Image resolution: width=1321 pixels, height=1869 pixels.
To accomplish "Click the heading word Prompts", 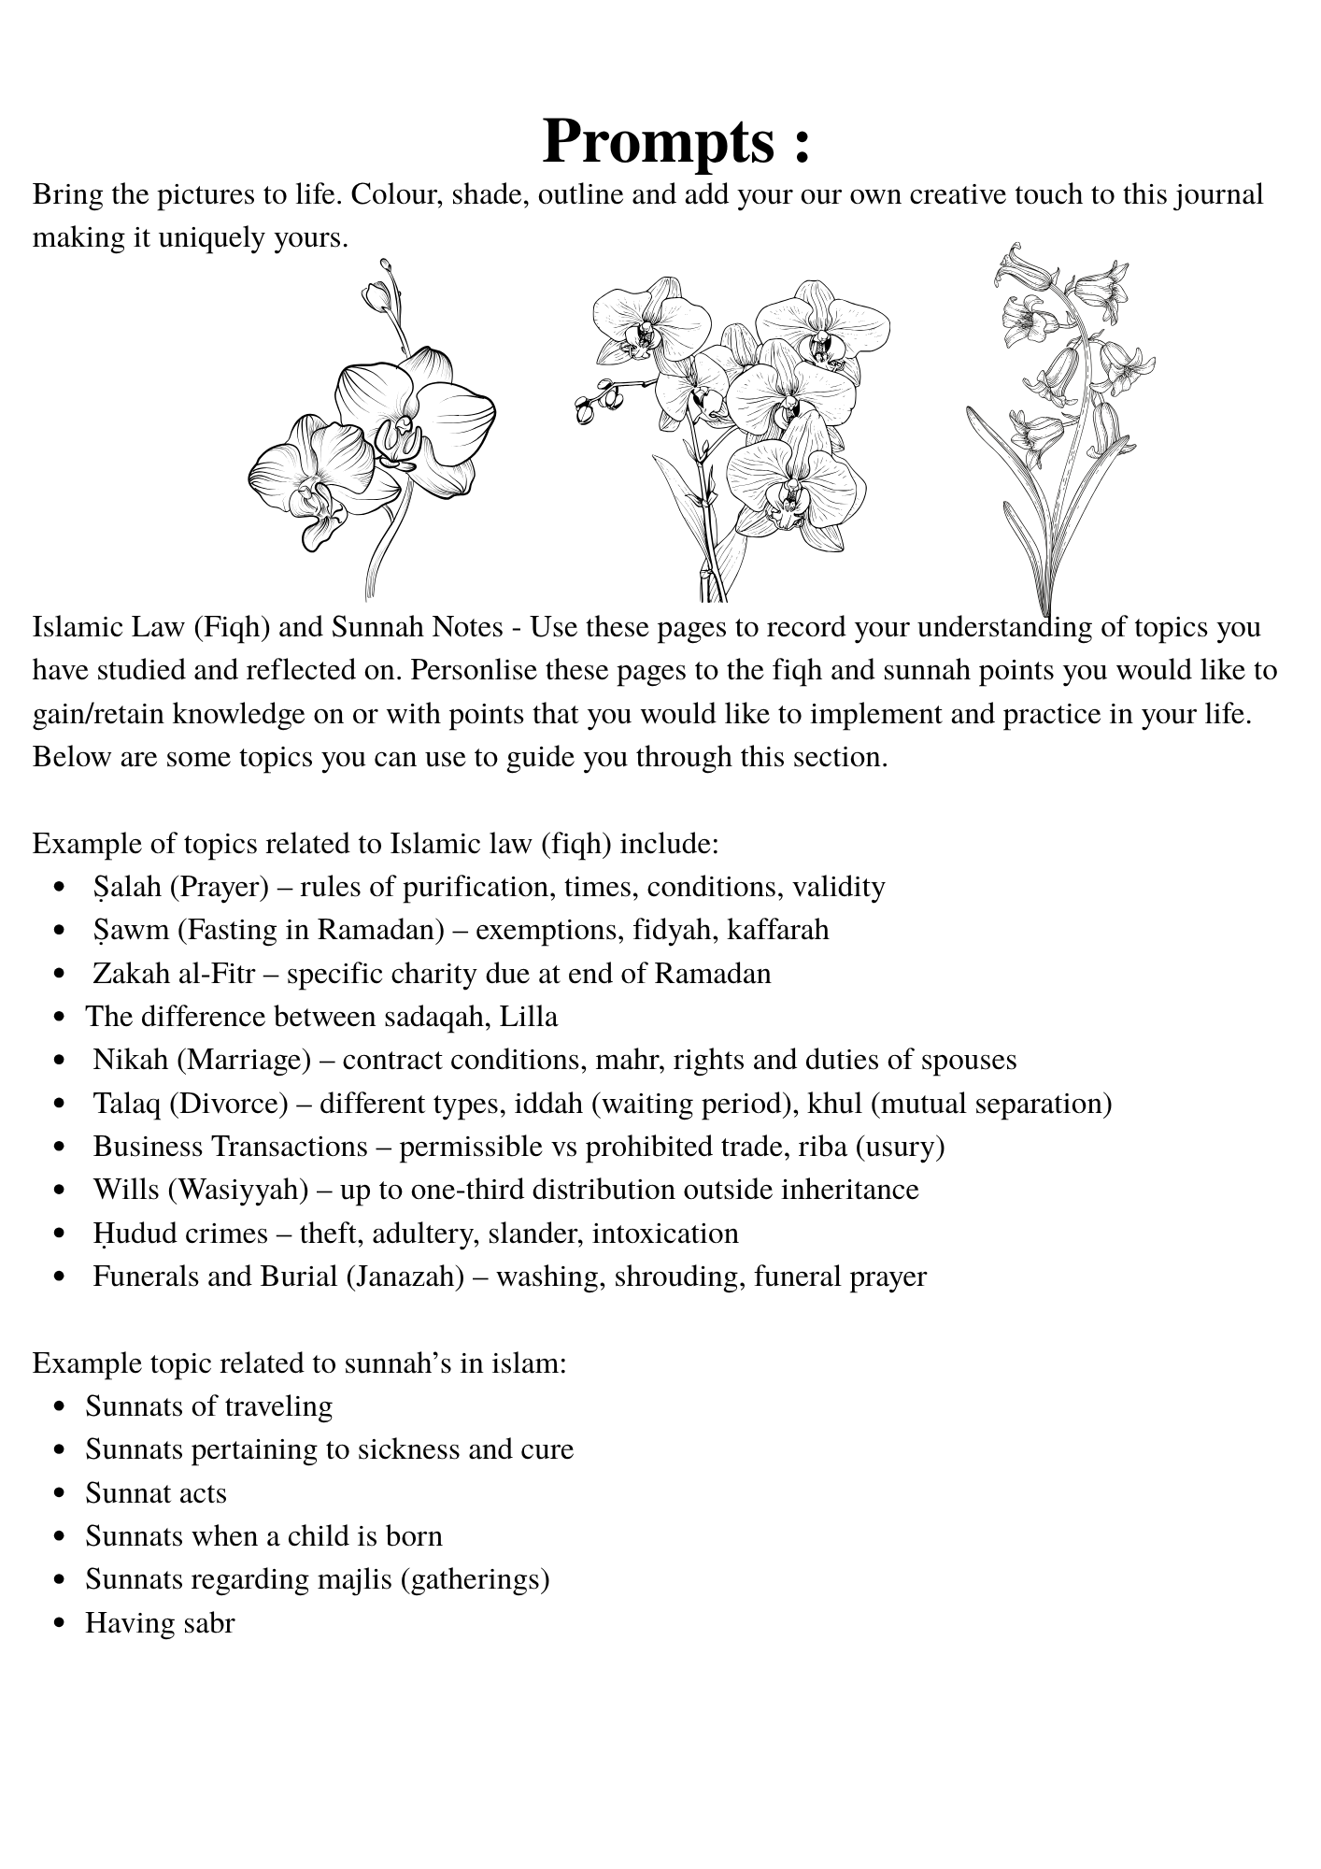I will (x=658, y=141).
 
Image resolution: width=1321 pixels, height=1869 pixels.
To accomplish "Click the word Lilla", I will (x=529, y=1017).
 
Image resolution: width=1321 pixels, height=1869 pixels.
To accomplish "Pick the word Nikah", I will (x=131, y=1060).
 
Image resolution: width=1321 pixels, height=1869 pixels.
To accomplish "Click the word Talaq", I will (x=129, y=1104).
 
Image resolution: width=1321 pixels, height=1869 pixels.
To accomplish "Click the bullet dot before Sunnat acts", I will (x=60, y=1494).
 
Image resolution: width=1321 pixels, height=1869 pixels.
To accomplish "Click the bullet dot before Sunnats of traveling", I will (x=60, y=1407).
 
